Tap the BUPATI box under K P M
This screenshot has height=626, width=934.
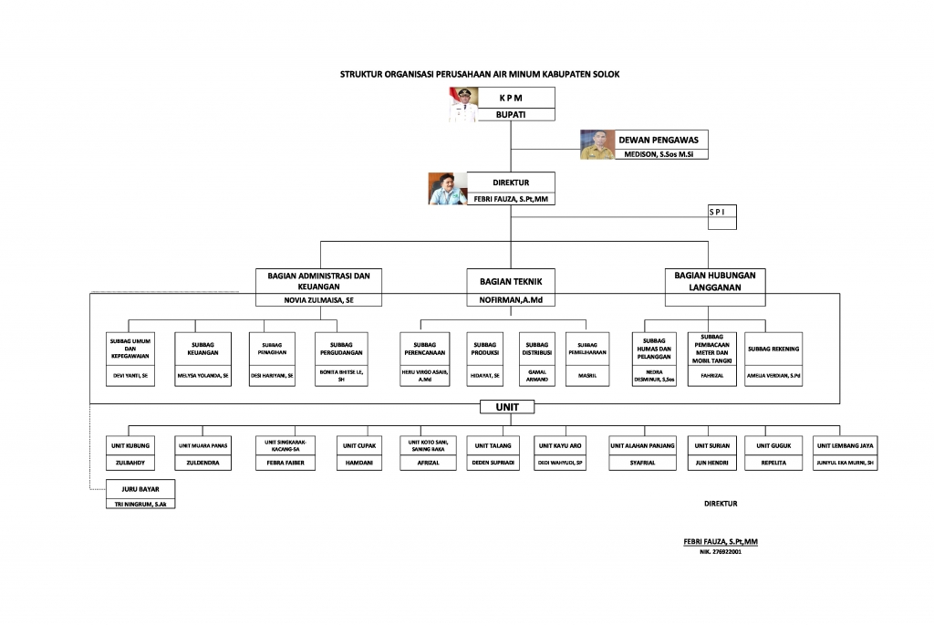tap(510, 114)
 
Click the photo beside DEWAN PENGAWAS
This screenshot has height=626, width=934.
tap(597, 144)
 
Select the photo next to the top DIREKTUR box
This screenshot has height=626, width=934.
tap(448, 189)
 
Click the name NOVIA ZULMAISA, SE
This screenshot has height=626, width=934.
tap(318, 299)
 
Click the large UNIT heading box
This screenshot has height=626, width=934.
tap(507, 407)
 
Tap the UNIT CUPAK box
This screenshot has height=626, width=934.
tap(358, 445)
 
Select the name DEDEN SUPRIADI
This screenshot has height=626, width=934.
tap(493, 463)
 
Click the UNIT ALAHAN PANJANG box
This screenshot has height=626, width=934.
tap(642, 445)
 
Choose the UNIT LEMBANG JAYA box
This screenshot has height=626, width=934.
tap(846, 445)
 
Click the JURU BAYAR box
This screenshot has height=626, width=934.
tap(141, 488)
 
